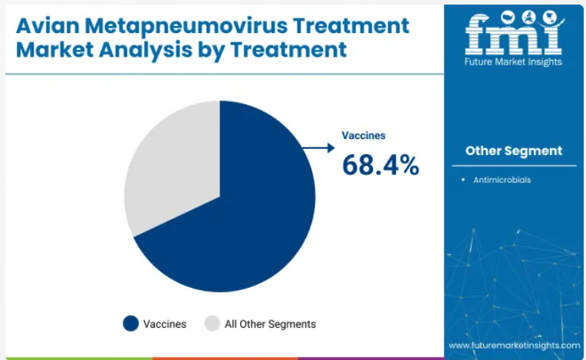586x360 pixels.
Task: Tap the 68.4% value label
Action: point(380,165)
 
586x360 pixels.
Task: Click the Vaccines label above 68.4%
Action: point(364,135)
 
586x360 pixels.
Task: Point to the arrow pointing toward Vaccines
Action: point(319,148)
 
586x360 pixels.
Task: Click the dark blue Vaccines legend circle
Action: point(131,324)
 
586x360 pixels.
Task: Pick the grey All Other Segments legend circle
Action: point(212,324)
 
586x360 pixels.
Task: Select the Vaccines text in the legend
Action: point(165,324)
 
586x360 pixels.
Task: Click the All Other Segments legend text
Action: point(270,324)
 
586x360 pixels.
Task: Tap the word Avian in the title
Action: point(48,25)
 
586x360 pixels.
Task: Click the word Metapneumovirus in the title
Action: point(186,26)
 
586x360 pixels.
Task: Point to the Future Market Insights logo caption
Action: point(513,62)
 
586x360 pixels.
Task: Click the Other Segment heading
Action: point(514,150)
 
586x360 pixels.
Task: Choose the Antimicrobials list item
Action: point(502,180)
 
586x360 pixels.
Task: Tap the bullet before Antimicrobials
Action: point(463,180)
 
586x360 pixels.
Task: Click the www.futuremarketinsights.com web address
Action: point(514,345)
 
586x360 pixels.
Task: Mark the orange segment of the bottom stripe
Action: point(225,358)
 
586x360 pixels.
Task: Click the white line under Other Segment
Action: point(514,166)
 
